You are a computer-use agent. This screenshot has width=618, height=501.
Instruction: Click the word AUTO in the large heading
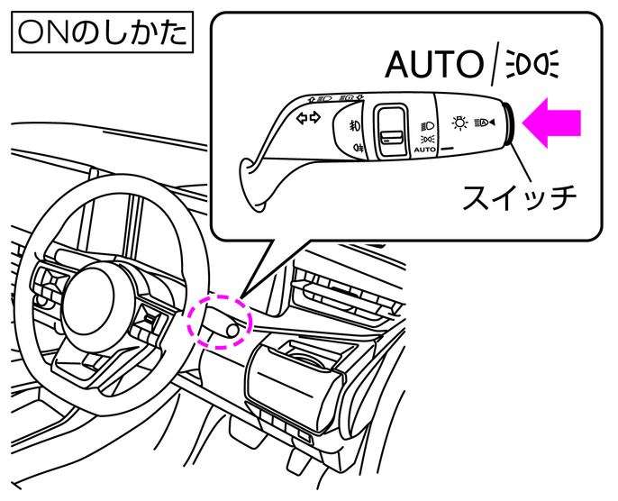[x=433, y=65]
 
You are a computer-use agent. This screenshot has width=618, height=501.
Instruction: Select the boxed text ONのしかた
[x=99, y=33]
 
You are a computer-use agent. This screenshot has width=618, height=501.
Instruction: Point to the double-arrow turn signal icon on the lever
[x=308, y=118]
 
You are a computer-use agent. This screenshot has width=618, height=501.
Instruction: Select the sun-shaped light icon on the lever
[x=459, y=123]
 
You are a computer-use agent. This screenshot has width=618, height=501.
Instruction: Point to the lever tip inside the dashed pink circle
[x=232, y=331]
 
